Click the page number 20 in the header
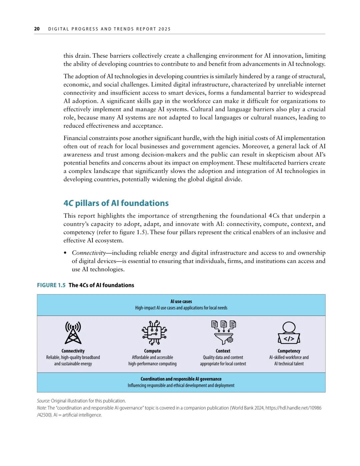(37, 29)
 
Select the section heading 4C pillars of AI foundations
(116, 203)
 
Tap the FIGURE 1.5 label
(51, 285)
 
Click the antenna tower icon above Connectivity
(73, 333)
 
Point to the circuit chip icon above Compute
(154, 332)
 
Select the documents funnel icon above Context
(223, 332)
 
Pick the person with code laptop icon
(289, 333)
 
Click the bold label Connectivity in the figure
(73, 351)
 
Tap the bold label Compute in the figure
(152, 351)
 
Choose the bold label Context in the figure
(223, 351)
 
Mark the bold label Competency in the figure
(289, 351)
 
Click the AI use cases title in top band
(181, 302)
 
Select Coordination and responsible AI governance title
(181, 379)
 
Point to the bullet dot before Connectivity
(65, 253)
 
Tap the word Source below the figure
(43, 401)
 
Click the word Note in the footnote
(41, 408)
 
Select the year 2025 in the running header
(165, 29)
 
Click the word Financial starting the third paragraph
(76, 138)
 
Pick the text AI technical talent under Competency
(289, 364)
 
